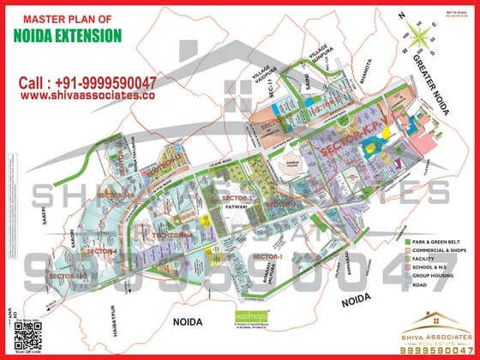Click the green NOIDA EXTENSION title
click(68, 36)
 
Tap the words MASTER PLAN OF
click(68, 18)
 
